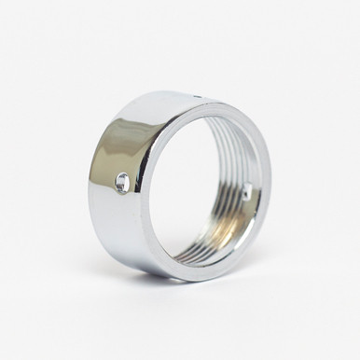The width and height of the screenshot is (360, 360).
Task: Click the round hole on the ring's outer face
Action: click(121, 184)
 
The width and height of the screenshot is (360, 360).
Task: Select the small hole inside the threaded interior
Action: click(245, 194)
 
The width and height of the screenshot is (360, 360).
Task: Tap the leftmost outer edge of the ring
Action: click(90, 187)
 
